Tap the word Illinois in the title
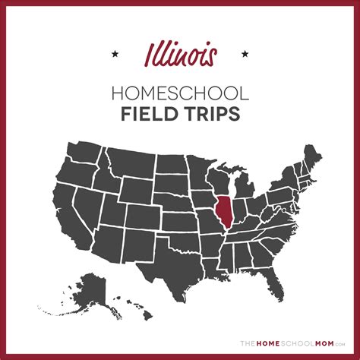(x=181, y=55)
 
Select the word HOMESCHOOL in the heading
(x=180, y=93)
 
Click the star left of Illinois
(x=115, y=54)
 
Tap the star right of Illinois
(x=245, y=54)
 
